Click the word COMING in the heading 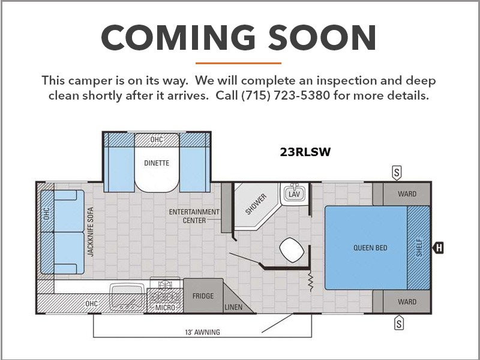pyautogui.click(x=178, y=37)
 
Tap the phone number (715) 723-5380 pyautogui.click(x=286, y=95)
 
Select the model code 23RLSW pyautogui.click(x=305, y=152)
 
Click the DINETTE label pyautogui.click(x=157, y=163)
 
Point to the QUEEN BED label pyautogui.click(x=370, y=248)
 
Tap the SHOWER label pyautogui.click(x=256, y=204)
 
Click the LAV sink pyautogui.click(x=294, y=193)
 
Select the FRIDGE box pyautogui.click(x=203, y=296)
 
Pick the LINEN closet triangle pyautogui.click(x=236, y=301)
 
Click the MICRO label pyautogui.click(x=165, y=307)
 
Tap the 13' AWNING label pyautogui.click(x=202, y=332)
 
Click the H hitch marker pyautogui.click(x=438, y=247)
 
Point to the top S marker pyautogui.click(x=397, y=173)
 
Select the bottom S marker pyautogui.click(x=398, y=323)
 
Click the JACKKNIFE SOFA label pyautogui.click(x=91, y=232)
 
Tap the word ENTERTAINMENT pyautogui.click(x=194, y=212)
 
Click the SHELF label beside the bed pyautogui.click(x=419, y=248)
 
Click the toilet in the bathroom pyautogui.click(x=292, y=250)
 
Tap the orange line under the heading pyautogui.click(x=238, y=64)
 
